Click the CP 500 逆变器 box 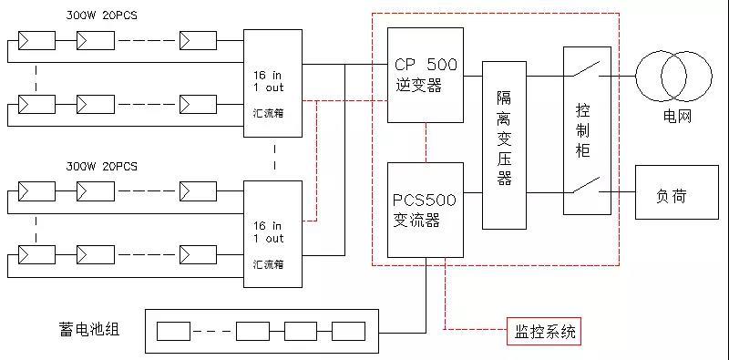click(426, 75)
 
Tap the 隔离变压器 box click(504, 144)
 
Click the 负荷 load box click(675, 194)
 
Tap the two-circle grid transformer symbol click(675, 76)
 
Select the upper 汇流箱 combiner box click(272, 83)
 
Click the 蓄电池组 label click(87, 327)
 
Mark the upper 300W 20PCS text click(101, 15)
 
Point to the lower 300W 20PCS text click(101, 167)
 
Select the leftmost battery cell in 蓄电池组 click(172, 331)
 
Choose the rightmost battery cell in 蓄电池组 click(347, 331)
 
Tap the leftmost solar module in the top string click(35, 41)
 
